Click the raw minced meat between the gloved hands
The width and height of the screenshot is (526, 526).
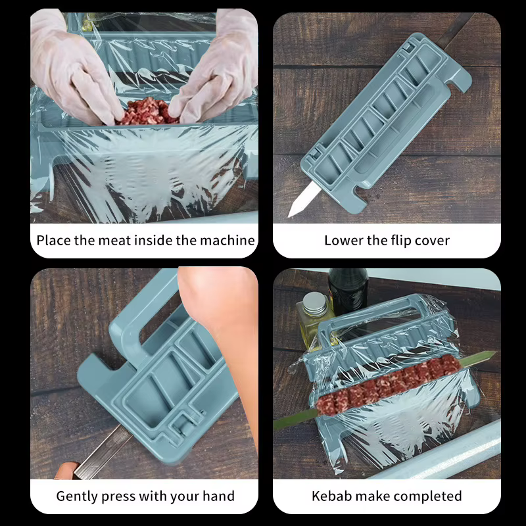pos(147,112)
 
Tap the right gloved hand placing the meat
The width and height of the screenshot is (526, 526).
pos(216,74)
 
